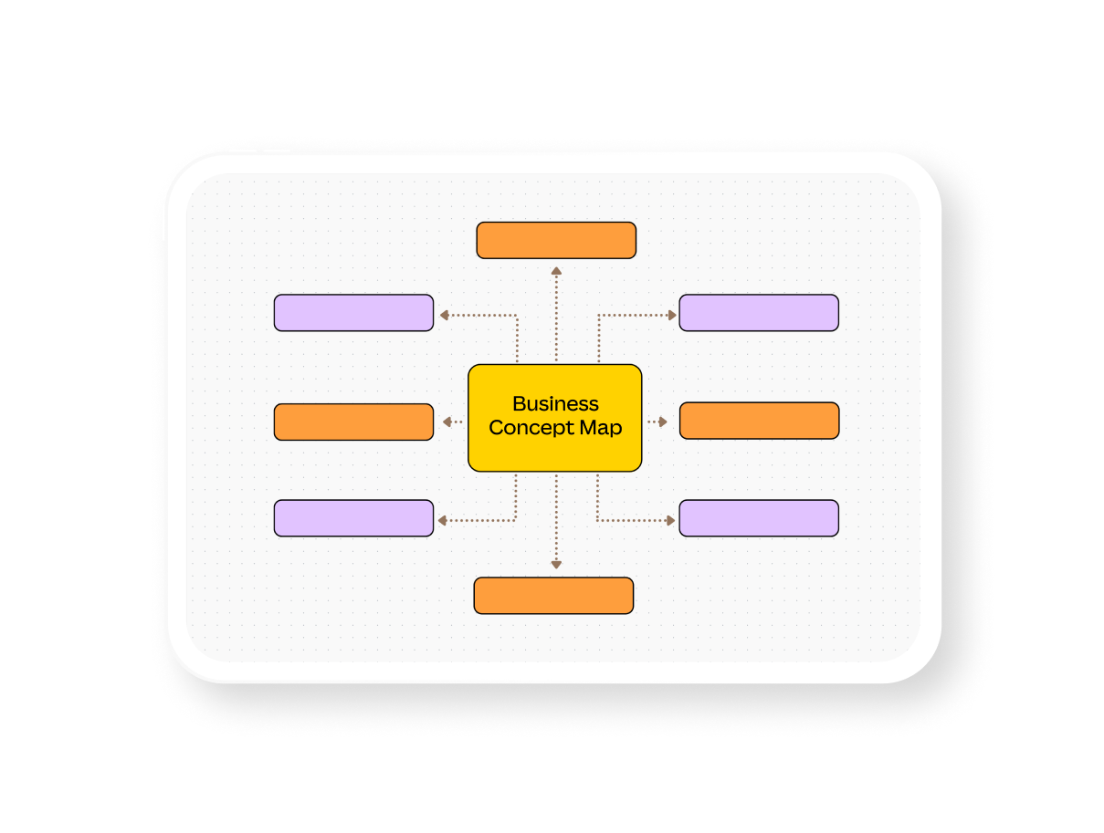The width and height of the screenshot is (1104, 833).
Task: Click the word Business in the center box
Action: pos(555,403)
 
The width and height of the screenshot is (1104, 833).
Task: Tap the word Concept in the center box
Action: pos(526,428)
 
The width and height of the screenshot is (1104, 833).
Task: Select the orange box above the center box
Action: pos(556,240)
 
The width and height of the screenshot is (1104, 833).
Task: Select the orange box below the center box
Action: pos(553,595)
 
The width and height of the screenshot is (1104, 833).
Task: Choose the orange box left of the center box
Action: pos(353,422)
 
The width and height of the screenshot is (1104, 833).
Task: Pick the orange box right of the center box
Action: pos(759,421)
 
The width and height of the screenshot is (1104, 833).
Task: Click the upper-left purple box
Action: pos(353,313)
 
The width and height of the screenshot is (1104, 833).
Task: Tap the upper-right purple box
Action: pos(759,313)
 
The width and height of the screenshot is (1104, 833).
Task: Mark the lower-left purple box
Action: pos(353,518)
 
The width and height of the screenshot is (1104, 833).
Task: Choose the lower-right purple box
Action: pos(759,518)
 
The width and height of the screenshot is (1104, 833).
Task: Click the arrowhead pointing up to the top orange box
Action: pos(556,270)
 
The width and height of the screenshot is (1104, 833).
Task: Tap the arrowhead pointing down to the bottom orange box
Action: pos(556,566)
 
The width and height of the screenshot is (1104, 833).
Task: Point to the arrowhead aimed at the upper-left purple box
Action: pos(444,316)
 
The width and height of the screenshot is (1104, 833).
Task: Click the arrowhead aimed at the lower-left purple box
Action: pos(442,521)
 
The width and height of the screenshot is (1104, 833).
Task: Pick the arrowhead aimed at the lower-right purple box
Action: pos(671,521)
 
